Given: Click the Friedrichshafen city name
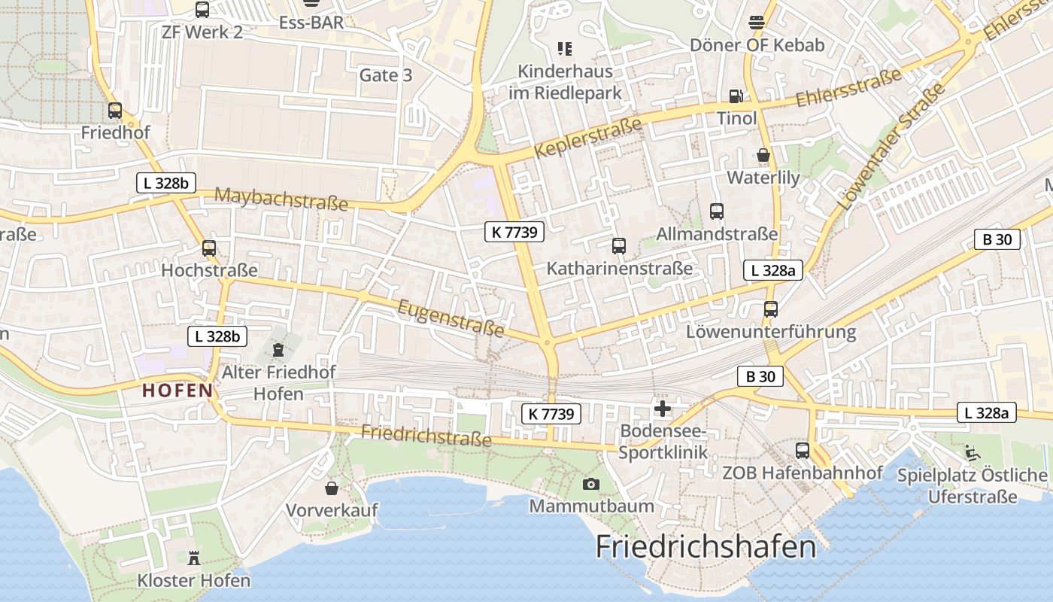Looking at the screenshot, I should (x=706, y=546).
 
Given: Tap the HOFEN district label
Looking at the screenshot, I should (x=178, y=391).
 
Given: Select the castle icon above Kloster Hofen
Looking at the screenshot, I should (x=194, y=558).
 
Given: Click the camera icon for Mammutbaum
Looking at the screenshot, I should (x=591, y=484).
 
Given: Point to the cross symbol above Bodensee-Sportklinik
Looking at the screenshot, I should (x=663, y=409).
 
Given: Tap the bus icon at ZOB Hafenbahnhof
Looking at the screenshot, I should (x=803, y=451).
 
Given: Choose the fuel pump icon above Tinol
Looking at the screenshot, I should (x=736, y=96).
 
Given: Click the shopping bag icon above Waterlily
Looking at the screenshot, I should (x=763, y=156).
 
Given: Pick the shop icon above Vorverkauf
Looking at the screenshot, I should (x=331, y=488).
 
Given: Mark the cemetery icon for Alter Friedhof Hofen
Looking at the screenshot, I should (x=278, y=350).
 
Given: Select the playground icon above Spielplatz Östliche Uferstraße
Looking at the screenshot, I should (x=972, y=453).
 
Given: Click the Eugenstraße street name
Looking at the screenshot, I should (x=451, y=318).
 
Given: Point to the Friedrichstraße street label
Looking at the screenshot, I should (x=426, y=435).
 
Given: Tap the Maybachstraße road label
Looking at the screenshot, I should (x=281, y=199).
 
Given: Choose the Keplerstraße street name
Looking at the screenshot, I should (x=588, y=137).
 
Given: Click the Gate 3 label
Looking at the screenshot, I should (x=385, y=75).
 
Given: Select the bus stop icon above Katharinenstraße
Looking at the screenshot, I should (x=618, y=246).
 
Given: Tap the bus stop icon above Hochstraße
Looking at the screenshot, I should (x=209, y=248).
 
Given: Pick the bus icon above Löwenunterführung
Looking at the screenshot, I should (x=770, y=309).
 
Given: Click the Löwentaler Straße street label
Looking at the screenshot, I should (x=891, y=147).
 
